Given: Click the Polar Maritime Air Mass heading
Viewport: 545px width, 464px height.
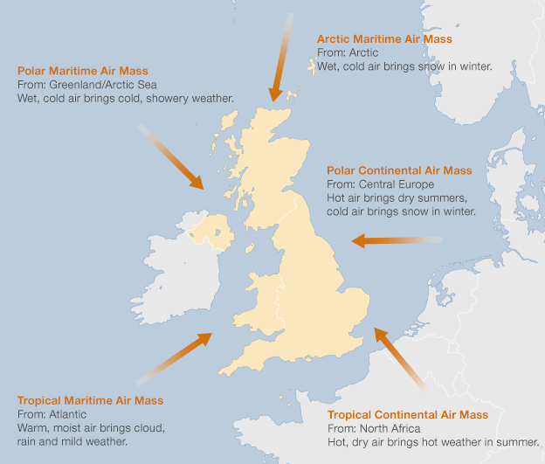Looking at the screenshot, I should (83, 70).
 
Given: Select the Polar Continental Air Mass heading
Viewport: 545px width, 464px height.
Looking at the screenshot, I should (399, 170).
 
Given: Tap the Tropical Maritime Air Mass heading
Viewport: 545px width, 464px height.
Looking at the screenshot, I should (90, 400).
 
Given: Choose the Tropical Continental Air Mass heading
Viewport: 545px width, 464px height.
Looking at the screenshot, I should (408, 414).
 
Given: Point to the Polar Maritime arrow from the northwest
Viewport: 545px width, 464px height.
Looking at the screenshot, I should (173, 158).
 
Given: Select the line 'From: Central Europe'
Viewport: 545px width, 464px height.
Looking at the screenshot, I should (380, 184).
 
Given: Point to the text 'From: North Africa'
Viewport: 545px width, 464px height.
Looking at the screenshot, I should (374, 428).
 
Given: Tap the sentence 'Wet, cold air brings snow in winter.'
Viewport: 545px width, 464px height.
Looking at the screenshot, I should (404, 66).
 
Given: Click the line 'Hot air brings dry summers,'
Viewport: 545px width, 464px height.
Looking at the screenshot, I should (398, 197).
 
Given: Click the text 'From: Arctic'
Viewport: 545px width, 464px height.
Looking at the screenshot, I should (348, 52).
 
